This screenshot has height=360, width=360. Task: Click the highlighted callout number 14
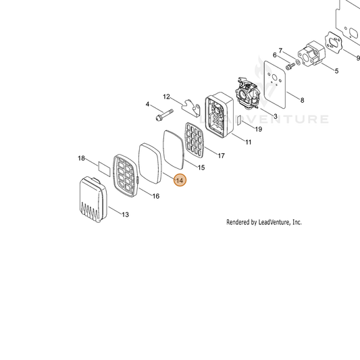180,180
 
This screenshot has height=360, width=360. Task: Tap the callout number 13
125,215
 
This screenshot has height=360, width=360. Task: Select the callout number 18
81,158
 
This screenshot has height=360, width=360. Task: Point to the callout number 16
156,196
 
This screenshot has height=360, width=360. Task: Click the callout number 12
166,97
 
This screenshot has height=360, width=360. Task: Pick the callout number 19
259,129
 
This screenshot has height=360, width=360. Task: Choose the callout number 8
302,100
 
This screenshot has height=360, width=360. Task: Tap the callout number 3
276,116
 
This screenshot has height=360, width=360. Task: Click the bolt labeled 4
164,115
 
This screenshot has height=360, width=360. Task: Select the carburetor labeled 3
247,93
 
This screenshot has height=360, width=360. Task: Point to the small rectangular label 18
104,169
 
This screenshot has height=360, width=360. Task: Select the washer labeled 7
298,61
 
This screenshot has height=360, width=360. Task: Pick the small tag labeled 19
239,120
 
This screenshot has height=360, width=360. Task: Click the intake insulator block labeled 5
312,53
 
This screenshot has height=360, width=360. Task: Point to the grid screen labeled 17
195,138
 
